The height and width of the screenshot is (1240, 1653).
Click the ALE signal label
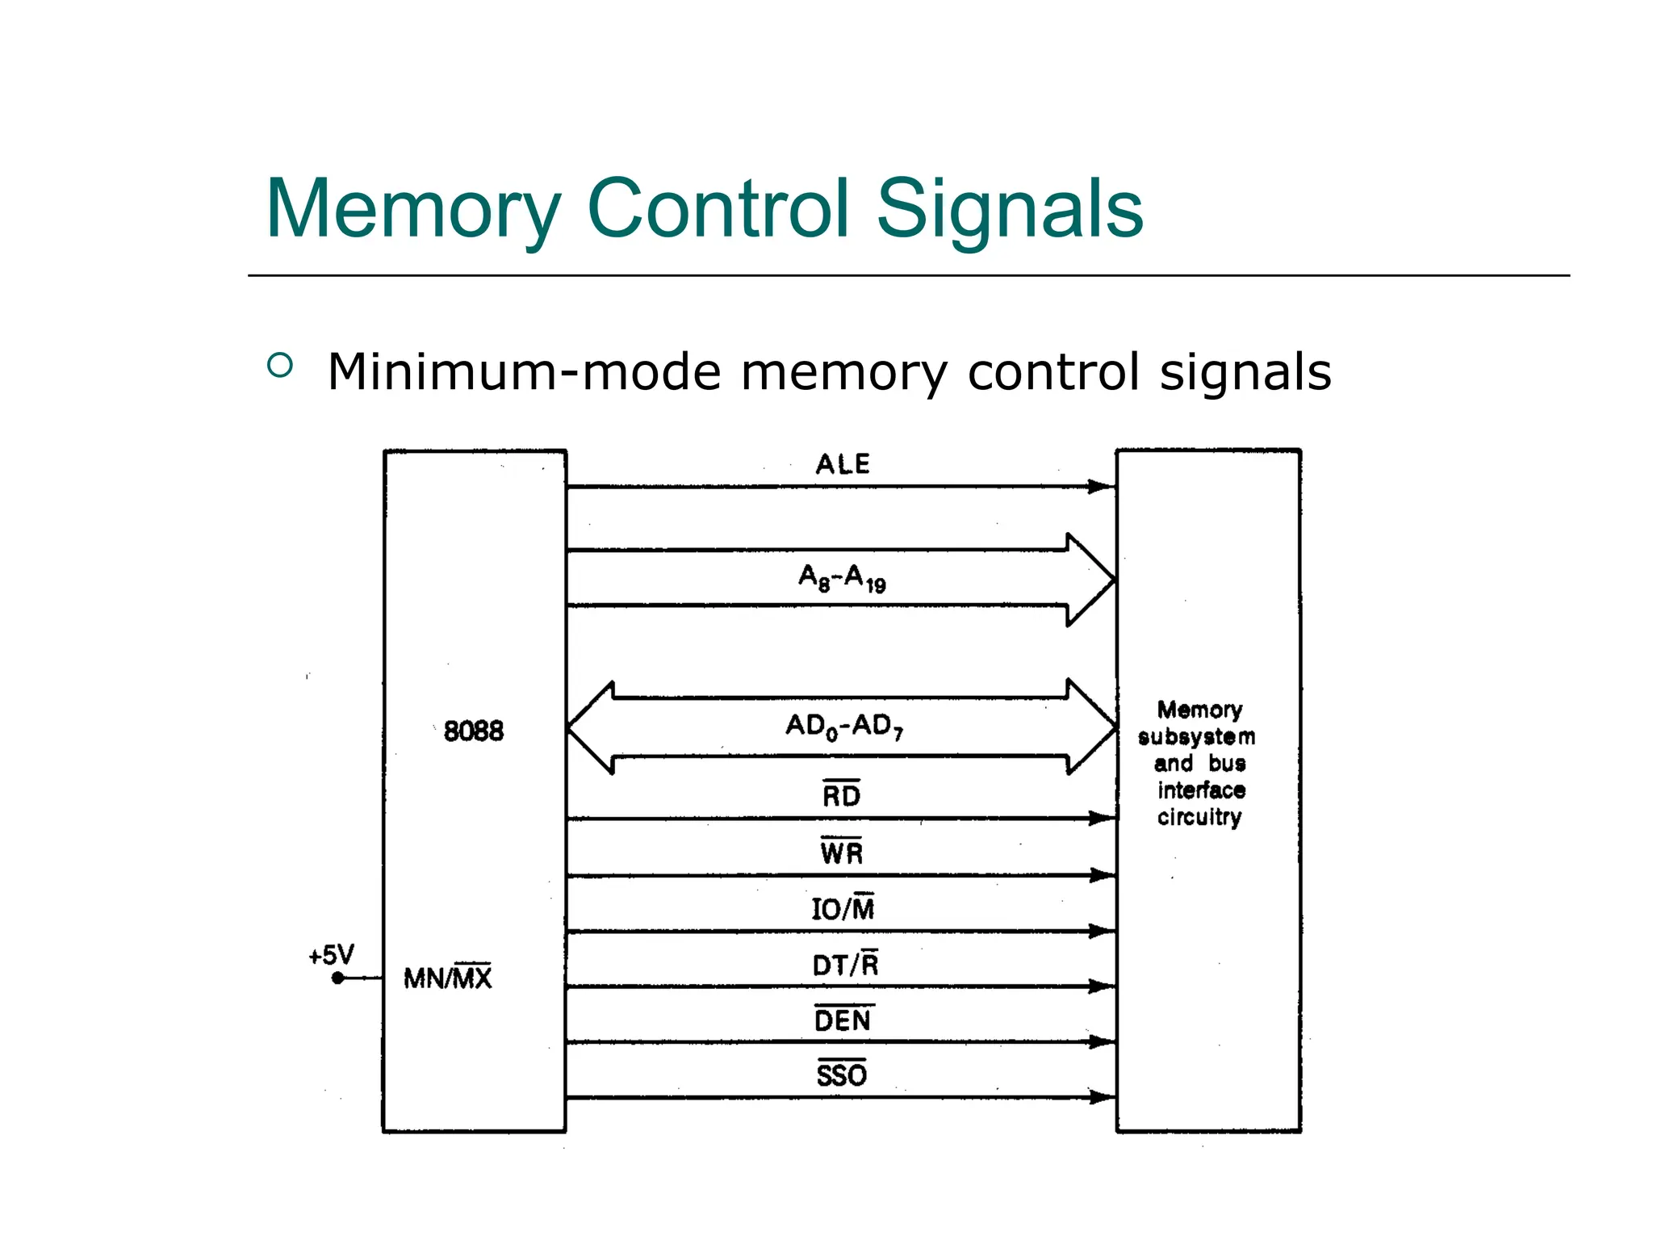(x=842, y=464)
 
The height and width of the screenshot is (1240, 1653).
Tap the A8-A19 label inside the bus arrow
(x=842, y=578)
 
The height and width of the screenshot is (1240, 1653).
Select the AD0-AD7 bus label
(x=844, y=726)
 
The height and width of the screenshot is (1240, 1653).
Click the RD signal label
(x=841, y=795)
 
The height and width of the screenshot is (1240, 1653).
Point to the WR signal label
(x=841, y=852)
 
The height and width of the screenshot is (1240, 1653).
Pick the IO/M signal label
(x=843, y=908)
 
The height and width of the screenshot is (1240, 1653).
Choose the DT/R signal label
(x=844, y=964)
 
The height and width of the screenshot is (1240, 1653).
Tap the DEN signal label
(x=843, y=1020)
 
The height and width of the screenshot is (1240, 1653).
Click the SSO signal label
(x=841, y=1075)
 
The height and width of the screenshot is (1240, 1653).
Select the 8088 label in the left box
(x=474, y=731)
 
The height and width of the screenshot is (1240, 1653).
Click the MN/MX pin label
(x=447, y=978)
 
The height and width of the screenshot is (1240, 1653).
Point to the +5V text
(x=331, y=955)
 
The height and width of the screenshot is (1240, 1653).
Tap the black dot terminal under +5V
(x=338, y=978)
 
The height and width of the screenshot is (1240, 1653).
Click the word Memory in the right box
(x=1199, y=710)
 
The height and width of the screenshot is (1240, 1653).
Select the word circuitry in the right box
(x=1199, y=817)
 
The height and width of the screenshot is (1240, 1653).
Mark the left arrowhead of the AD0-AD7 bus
(x=583, y=727)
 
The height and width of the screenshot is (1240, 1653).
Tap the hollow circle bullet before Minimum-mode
(x=279, y=365)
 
